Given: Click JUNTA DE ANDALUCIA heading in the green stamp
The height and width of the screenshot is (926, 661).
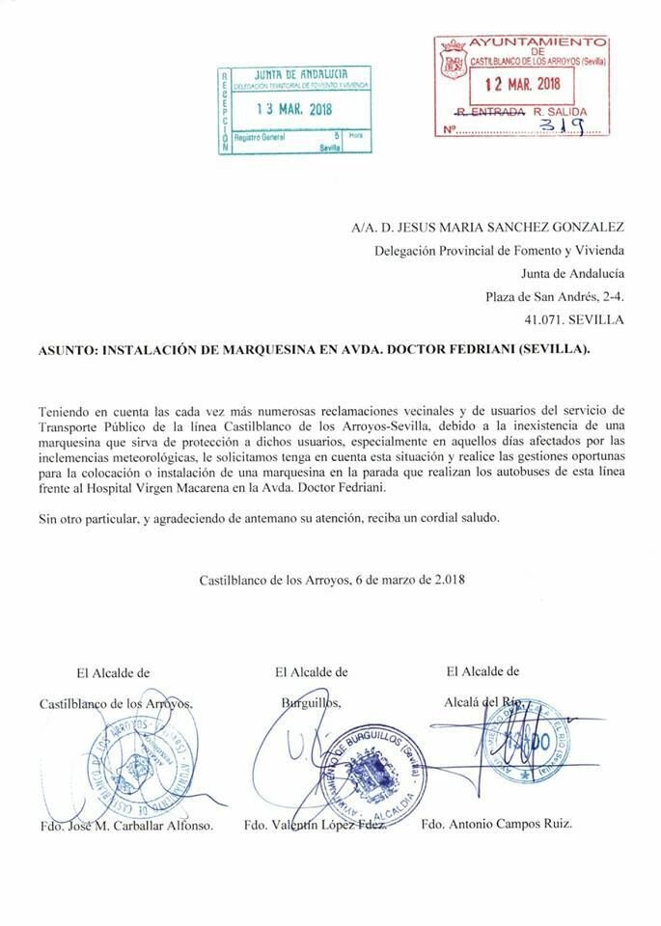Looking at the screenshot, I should point(298,74).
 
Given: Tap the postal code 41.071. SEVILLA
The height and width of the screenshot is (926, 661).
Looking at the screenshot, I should point(573,318).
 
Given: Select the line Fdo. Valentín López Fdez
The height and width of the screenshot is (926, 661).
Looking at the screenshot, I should point(314,827).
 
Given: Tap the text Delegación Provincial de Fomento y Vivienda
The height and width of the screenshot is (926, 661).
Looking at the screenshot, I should point(499,251).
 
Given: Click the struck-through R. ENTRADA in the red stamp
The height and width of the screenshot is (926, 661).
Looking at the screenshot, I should point(490,112).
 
